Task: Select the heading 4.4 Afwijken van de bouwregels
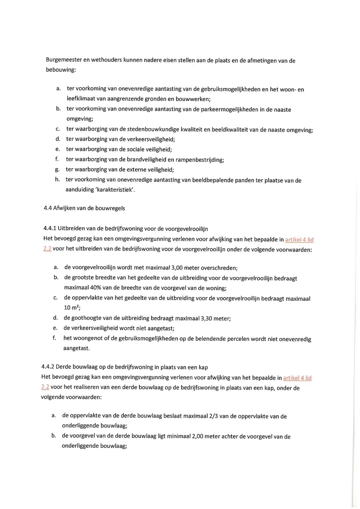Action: tap(84, 208)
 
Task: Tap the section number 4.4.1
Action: tap(50, 228)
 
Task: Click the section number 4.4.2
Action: tap(48, 367)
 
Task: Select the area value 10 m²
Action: tap(72, 308)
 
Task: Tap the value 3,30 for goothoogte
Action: tap(206, 318)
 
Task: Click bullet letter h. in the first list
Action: tap(57, 179)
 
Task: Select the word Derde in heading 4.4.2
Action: tap(63, 367)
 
